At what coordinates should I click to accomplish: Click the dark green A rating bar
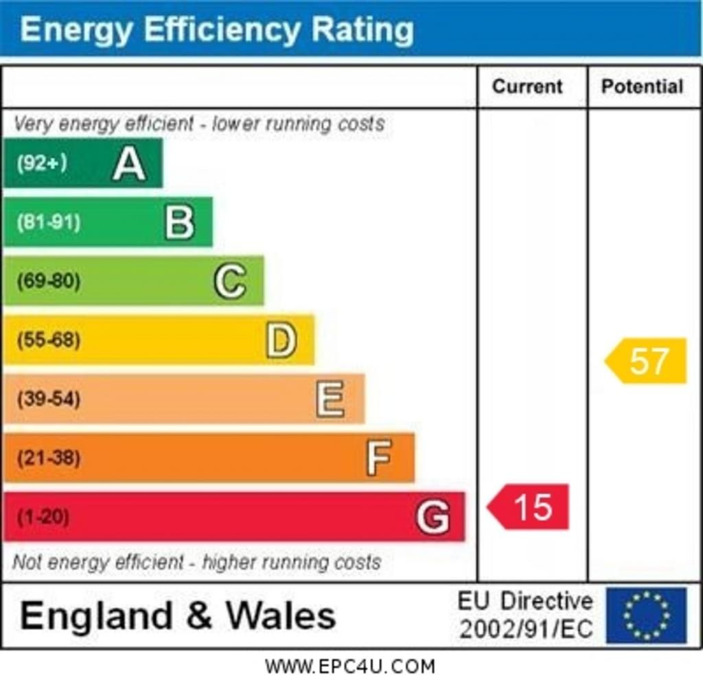coord(82,163)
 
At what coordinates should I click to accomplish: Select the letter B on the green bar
coord(180,222)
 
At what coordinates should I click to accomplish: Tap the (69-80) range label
coord(48,281)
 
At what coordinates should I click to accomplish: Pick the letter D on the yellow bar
coord(281,340)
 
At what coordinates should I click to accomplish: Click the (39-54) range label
coord(48,399)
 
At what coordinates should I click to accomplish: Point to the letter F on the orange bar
coord(379,458)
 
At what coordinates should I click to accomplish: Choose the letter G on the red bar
coord(433,517)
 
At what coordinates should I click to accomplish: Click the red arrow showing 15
coord(529,507)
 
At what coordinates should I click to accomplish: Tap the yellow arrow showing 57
coord(647,361)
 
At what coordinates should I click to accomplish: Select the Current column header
coord(527,86)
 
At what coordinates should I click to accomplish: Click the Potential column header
coord(642,86)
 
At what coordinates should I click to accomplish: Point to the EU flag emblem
coord(646,615)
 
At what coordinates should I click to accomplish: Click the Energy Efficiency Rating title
coord(217,30)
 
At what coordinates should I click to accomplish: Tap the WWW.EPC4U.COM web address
coord(350,666)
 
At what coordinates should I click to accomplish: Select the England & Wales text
coord(178,615)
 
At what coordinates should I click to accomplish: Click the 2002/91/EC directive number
coord(526,629)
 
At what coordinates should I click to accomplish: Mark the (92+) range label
coord(42,163)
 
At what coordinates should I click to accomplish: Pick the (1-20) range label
coord(43,517)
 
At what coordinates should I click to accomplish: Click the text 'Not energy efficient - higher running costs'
coord(196,563)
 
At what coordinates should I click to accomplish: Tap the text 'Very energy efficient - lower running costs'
coord(199,124)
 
